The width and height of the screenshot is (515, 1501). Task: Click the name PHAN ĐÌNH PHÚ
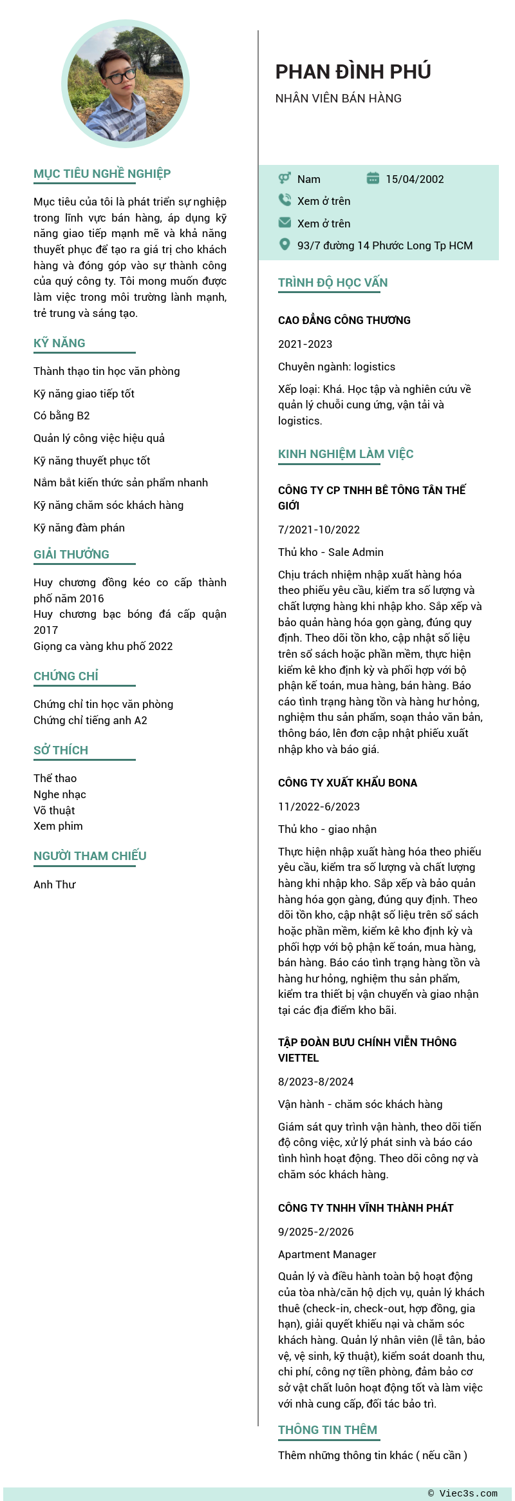(x=353, y=72)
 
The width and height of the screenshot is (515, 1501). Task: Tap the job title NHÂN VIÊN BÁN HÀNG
(x=338, y=99)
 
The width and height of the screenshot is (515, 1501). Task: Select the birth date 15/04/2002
(x=415, y=179)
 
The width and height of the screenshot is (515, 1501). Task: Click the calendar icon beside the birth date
(x=373, y=178)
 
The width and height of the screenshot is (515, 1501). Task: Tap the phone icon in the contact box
(x=285, y=200)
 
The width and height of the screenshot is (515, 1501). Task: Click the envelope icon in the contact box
(x=285, y=222)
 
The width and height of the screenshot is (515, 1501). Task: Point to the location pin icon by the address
(x=285, y=244)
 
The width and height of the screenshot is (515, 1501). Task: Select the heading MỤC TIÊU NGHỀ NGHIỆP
(x=102, y=174)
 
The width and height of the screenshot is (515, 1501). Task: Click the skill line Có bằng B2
(x=62, y=416)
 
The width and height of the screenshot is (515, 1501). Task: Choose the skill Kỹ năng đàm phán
(x=79, y=528)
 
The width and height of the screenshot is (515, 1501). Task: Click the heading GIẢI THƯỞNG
(x=71, y=555)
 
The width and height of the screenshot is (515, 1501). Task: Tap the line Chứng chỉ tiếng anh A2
(x=90, y=720)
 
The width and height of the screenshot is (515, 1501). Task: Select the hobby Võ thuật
(x=54, y=810)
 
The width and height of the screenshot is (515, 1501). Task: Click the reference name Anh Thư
(x=54, y=884)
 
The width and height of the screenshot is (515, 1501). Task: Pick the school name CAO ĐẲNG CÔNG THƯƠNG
(x=344, y=320)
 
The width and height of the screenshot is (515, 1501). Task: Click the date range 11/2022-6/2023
(x=319, y=807)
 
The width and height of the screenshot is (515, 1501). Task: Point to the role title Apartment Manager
(x=327, y=1254)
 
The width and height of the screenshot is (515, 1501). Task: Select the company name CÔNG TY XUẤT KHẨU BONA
(x=347, y=783)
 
